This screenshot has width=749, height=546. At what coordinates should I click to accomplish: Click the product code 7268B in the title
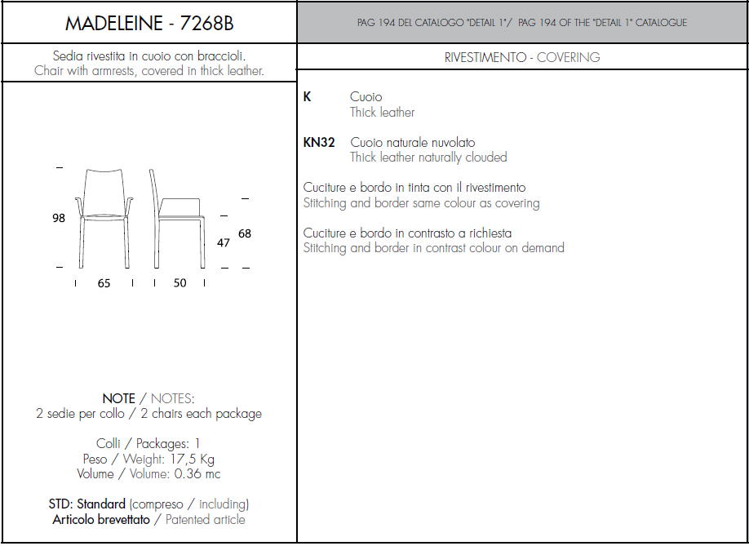(x=206, y=23)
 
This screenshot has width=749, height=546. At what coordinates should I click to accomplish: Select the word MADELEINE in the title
(x=113, y=23)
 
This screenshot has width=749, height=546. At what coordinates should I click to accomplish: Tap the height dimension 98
(x=59, y=218)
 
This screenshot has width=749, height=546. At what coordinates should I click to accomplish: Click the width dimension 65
(x=104, y=283)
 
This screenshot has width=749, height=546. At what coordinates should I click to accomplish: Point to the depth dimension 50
(x=179, y=283)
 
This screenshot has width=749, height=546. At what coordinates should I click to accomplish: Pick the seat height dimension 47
(x=223, y=242)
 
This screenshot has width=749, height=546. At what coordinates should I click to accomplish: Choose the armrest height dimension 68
(x=245, y=233)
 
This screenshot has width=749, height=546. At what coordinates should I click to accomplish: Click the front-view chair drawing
(x=104, y=218)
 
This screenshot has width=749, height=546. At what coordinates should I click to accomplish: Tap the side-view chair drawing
(x=177, y=218)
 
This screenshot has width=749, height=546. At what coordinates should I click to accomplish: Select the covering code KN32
(x=319, y=142)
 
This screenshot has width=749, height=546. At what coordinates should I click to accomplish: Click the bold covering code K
(x=307, y=96)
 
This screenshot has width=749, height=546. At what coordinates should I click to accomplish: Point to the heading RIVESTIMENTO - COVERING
(x=522, y=57)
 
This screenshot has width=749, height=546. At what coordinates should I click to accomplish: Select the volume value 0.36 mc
(x=197, y=474)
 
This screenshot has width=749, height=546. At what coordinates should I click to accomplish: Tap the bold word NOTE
(x=119, y=398)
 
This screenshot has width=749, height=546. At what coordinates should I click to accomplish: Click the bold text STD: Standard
(x=87, y=504)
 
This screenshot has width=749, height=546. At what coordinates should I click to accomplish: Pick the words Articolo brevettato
(x=101, y=519)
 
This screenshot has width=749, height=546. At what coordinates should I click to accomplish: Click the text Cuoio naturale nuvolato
(x=413, y=142)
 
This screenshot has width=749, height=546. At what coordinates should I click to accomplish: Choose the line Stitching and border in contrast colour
(x=434, y=248)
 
